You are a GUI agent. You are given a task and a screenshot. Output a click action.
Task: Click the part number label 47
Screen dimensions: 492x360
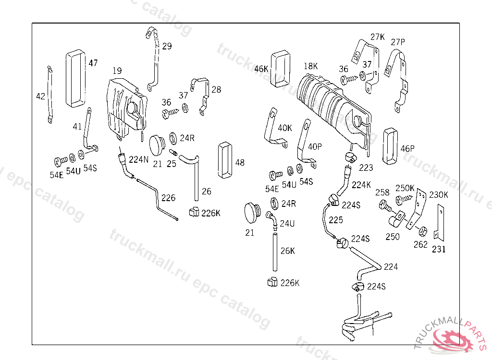click(x=93, y=63)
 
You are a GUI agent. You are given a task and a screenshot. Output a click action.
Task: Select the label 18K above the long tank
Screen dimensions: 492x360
click(x=311, y=66)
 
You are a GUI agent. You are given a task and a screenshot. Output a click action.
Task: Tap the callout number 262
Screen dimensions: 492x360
click(x=420, y=244)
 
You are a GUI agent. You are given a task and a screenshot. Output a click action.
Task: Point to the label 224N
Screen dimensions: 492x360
click(x=139, y=160)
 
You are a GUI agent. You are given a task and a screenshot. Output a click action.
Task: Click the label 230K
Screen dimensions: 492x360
click(x=438, y=195)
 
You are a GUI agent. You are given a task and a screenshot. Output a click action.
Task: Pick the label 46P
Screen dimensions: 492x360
click(x=407, y=148)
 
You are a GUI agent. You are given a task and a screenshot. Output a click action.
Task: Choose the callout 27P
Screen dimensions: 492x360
click(x=398, y=42)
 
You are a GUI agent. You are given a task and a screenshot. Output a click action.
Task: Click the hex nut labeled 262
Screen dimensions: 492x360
click(x=423, y=231)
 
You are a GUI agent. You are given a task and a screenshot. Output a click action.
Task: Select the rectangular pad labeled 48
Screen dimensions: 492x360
click(x=225, y=160)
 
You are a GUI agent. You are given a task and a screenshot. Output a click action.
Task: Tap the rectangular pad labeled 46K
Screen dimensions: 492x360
click(x=281, y=68)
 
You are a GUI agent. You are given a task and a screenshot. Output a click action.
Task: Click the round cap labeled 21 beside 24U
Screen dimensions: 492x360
click(x=252, y=213)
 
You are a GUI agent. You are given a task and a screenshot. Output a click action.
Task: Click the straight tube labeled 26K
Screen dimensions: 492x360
click(x=275, y=253)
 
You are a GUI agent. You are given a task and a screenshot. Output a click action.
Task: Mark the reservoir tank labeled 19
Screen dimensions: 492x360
click(x=127, y=108)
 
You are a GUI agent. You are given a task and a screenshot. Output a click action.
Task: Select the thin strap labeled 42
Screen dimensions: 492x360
click(x=49, y=95)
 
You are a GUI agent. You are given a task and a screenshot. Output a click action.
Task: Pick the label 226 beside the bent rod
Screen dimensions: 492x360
click(x=169, y=198)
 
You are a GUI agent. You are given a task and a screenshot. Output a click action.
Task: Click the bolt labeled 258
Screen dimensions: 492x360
click(x=385, y=206)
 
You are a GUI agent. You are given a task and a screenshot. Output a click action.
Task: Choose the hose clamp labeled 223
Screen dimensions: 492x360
click(x=350, y=157)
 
